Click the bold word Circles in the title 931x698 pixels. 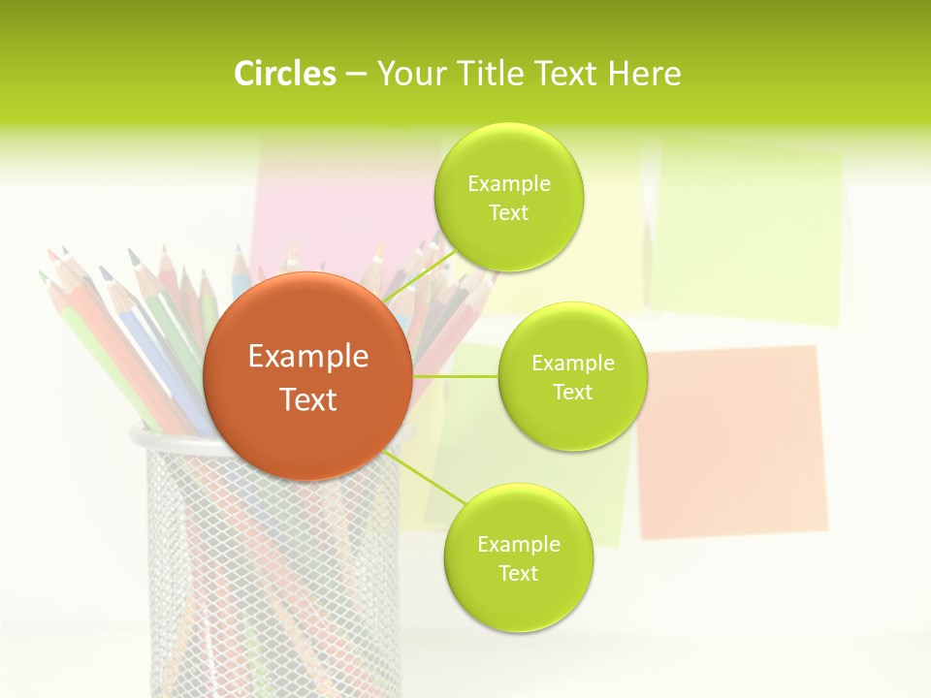(284, 74)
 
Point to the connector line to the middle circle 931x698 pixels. (456, 376)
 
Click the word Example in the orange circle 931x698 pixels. (308, 357)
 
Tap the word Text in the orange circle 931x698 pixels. (308, 399)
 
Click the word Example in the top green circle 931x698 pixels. (508, 184)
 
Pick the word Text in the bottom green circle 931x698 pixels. (518, 573)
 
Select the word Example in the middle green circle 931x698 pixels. (572, 364)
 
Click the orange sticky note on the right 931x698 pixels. (732, 441)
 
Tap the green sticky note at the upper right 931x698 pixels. (747, 233)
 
